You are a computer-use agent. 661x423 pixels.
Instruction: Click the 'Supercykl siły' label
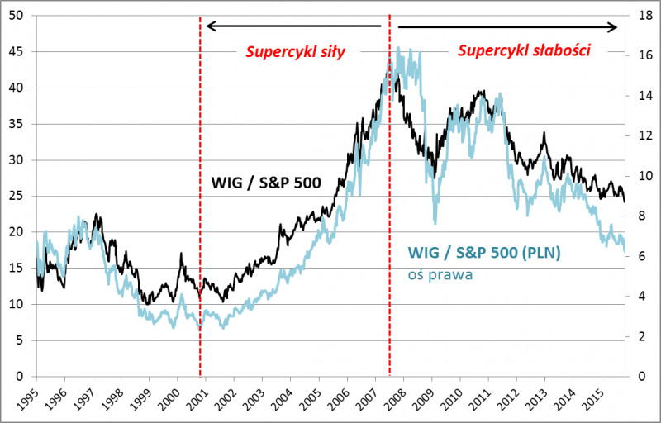pos(295,52)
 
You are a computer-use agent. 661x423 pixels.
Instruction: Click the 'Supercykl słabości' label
pos(523,51)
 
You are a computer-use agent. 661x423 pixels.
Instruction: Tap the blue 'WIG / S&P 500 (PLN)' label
pos(484,254)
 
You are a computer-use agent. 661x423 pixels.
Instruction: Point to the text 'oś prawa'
pos(440,274)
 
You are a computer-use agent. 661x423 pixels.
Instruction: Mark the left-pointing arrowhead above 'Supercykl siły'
pos(209,26)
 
